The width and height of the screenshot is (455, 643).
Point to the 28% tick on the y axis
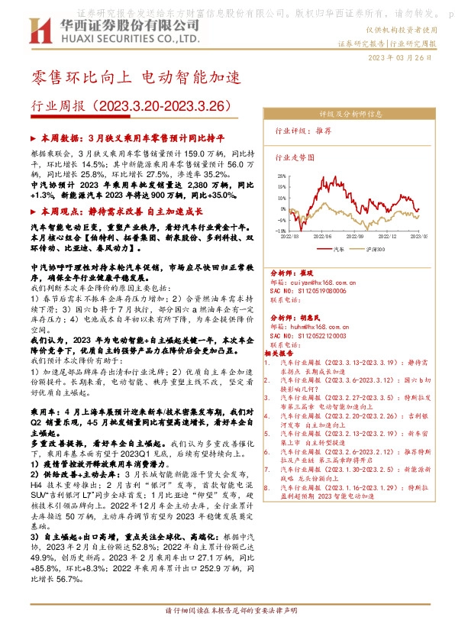(282, 175)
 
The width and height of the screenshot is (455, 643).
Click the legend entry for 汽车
(339, 248)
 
